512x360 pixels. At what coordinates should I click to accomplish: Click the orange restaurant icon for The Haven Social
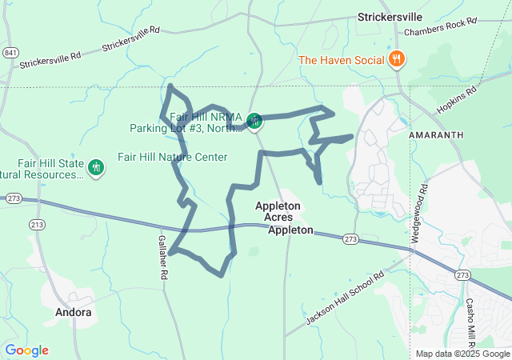397,59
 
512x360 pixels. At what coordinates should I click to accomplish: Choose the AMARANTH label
435,136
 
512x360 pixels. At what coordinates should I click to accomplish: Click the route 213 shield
38,226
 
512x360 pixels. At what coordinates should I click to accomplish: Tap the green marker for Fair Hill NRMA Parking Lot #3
254,122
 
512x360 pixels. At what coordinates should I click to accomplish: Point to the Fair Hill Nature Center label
173,157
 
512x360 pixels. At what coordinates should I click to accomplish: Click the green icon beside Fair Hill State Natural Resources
97,167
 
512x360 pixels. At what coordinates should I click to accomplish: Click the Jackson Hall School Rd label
346,298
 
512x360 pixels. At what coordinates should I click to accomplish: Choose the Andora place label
73,312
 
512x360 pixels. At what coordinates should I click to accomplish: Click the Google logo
26,350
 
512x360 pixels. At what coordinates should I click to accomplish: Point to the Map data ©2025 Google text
462,354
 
